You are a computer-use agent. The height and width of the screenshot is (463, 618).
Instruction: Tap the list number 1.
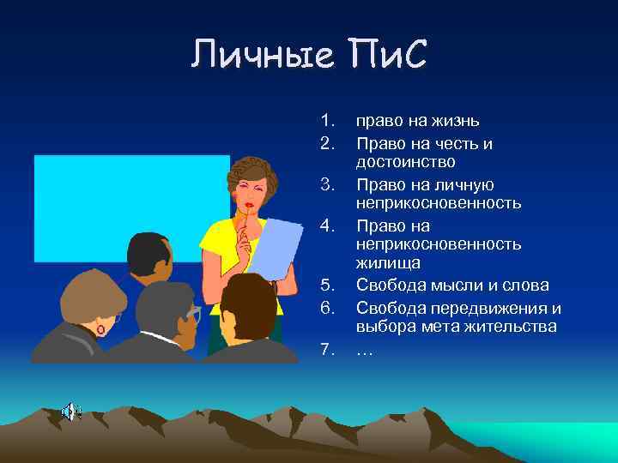point(325,121)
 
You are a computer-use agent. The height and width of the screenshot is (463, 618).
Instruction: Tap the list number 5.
point(325,285)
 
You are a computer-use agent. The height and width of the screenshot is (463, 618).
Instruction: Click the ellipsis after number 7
point(364,349)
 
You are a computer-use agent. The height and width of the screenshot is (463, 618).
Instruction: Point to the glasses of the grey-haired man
point(194,312)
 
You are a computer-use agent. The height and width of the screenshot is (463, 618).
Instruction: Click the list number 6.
point(325,307)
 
